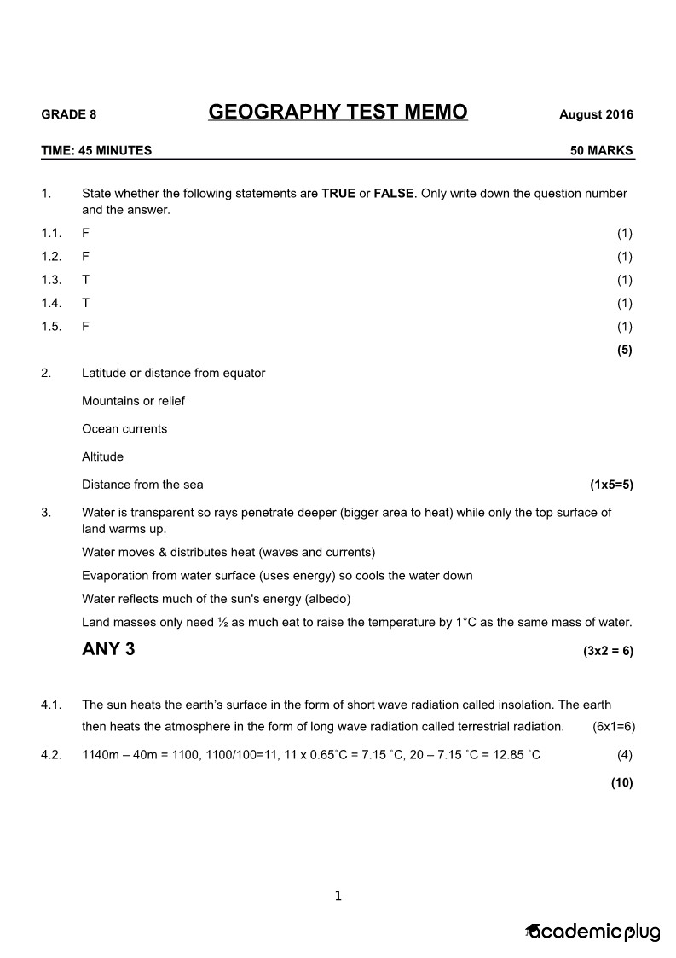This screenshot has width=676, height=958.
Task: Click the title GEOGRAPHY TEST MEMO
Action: (x=338, y=113)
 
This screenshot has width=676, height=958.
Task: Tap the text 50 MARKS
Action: (x=602, y=151)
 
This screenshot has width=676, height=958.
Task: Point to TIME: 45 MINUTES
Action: (x=96, y=151)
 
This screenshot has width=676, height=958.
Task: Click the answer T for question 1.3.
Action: (x=85, y=280)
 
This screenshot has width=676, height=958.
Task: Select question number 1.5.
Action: (x=51, y=326)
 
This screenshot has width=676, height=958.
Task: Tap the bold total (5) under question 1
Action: (x=624, y=349)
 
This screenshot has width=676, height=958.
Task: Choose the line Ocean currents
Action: (x=124, y=429)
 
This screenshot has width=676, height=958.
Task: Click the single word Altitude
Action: (x=102, y=456)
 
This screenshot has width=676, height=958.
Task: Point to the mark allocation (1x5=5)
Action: (x=611, y=485)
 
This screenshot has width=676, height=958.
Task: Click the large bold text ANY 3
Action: (x=108, y=649)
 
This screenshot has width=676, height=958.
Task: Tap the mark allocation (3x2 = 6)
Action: (x=608, y=651)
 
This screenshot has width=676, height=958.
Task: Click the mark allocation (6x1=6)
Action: (x=613, y=727)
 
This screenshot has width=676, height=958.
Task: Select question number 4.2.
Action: (x=51, y=754)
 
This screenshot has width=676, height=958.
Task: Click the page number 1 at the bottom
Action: (x=338, y=896)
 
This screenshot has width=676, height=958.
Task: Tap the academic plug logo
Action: (x=593, y=932)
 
